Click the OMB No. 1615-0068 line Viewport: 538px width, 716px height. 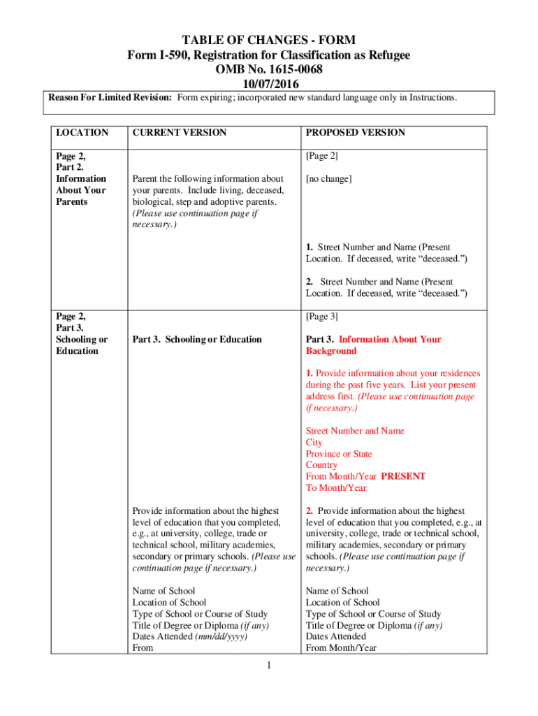click(268, 69)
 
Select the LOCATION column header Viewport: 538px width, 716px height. click(82, 132)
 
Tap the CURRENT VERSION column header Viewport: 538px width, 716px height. click(180, 132)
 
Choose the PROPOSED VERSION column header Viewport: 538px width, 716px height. click(355, 132)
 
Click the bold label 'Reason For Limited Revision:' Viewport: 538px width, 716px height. click(110, 97)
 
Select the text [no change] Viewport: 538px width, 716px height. click(329, 179)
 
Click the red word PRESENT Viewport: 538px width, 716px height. click(403, 476)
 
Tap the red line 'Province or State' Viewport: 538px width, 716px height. click(338, 454)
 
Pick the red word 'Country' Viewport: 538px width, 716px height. click(321, 465)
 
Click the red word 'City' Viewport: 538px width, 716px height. click(314, 443)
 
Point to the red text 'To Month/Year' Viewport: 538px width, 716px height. click(335, 487)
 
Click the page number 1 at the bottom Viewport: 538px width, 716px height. click(268, 664)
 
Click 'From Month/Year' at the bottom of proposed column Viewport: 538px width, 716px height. click(341, 648)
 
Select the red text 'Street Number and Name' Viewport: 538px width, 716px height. click(355, 431)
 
